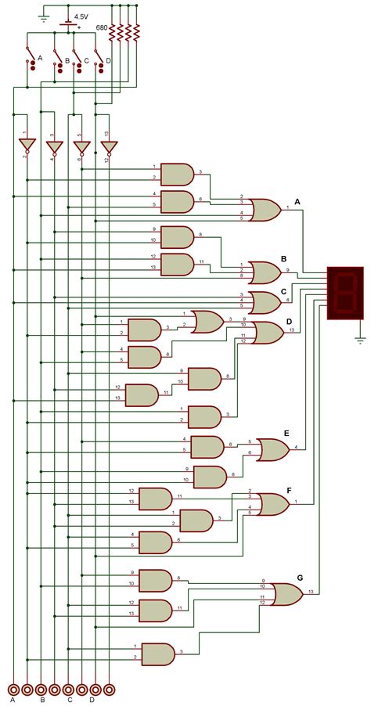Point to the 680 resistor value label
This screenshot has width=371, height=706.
(x=102, y=27)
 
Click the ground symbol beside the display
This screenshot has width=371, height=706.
(x=359, y=339)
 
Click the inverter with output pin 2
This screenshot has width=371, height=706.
(x=27, y=146)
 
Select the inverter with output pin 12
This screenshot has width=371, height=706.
(x=108, y=146)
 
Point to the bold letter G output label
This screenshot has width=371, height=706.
(x=299, y=577)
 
